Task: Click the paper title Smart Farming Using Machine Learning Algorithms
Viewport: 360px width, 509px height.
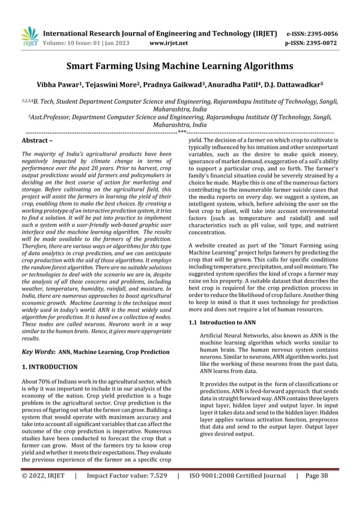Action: tap(180, 67)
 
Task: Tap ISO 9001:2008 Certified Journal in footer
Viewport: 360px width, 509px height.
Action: tap(237, 492)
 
